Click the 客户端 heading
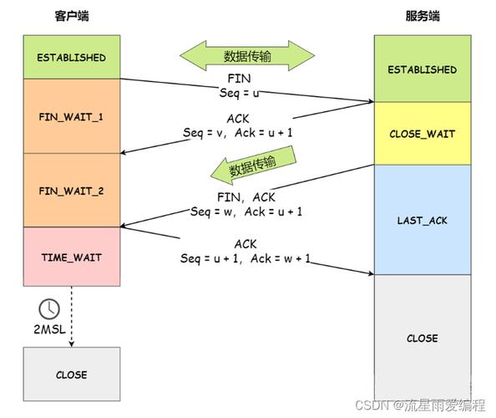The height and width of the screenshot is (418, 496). pyautogui.click(x=72, y=16)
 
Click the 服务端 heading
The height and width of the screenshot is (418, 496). pyautogui.click(x=423, y=16)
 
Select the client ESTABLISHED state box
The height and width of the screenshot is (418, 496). pyautogui.click(x=72, y=57)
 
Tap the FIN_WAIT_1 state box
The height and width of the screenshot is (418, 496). pyautogui.click(x=72, y=116)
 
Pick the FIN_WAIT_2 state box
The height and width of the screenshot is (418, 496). pyautogui.click(x=72, y=191)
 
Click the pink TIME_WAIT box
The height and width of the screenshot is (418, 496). pyautogui.click(x=72, y=257)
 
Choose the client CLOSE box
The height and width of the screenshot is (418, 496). pyautogui.click(x=72, y=375)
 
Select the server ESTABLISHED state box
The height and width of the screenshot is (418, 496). pyautogui.click(x=423, y=69)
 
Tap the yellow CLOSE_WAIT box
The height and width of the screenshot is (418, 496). pyautogui.click(x=423, y=133)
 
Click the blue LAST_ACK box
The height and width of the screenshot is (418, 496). pyautogui.click(x=423, y=220)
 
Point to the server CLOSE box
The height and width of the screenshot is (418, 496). pyautogui.click(x=423, y=338)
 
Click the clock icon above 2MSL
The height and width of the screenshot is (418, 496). pyautogui.click(x=49, y=308)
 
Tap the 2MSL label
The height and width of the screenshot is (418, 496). pyautogui.click(x=49, y=329)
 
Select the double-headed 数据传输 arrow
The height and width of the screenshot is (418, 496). pyautogui.click(x=247, y=56)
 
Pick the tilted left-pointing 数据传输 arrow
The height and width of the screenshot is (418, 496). pyautogui.click(x=253, y=166)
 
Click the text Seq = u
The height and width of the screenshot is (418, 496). pyautogui.click(x=239, y=93)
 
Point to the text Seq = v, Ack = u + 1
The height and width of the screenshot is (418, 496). pyautogui.click(x=237, y=133)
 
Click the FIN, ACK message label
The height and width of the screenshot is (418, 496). pyautogui.click(x=246, y=197)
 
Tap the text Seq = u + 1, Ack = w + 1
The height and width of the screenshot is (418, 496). pyautogui.click(x=245, y=258)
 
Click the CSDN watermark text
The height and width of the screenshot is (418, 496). pyautogui.click(x=420, y=405)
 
